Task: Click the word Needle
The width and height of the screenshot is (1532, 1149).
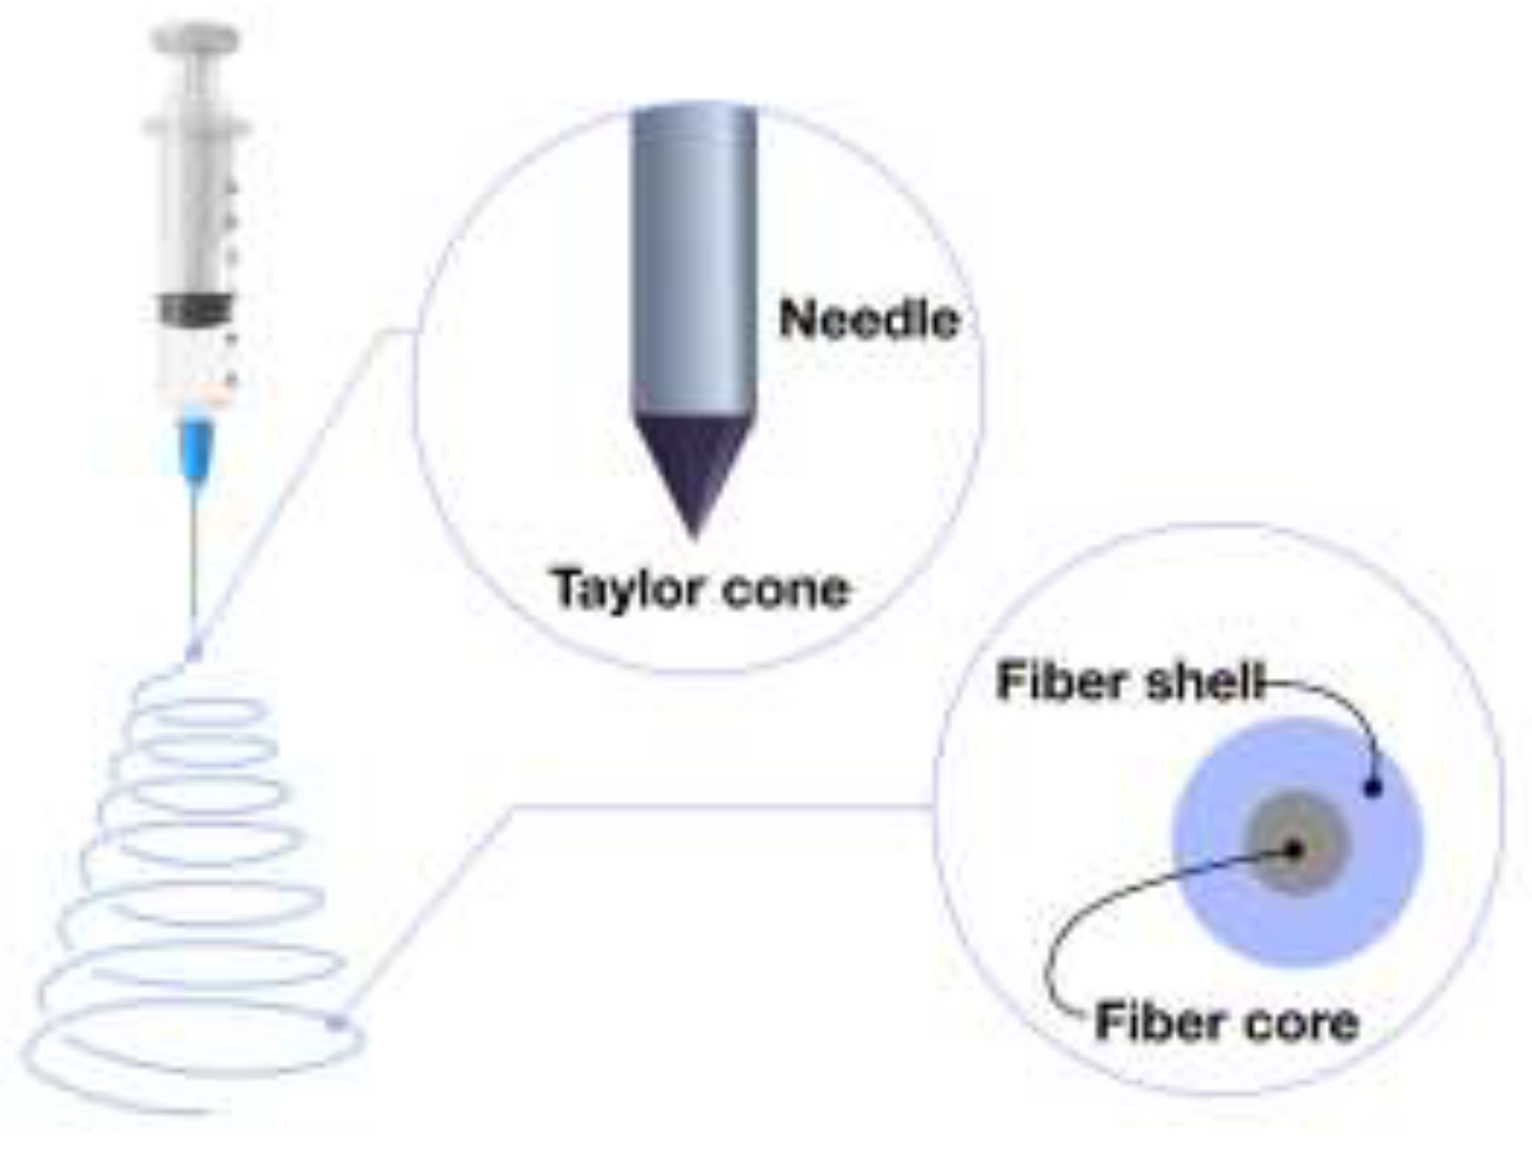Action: click(x=869, y=320)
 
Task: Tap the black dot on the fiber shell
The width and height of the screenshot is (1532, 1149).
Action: click(x=1372, y=787)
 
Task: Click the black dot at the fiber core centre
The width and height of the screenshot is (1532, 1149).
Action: click(x=1295, y=849)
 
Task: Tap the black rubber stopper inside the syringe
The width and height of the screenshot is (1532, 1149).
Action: click(x=196, y=309)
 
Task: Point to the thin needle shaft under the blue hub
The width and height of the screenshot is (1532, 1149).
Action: click(x=194, y=560)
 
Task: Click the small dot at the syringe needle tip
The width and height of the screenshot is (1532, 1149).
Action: click(x=193, y=651)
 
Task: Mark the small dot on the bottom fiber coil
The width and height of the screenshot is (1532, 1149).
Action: click(x=338, y=1024)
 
